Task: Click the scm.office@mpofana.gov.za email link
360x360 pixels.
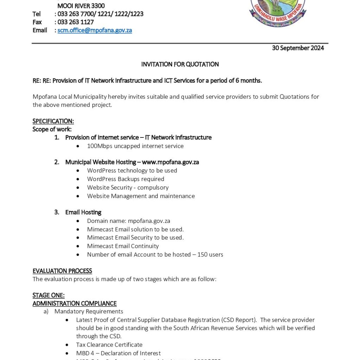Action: (x=95, y=30)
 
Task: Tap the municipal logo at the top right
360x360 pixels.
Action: (x=277, y=12)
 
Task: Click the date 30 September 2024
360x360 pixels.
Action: (x=298, y=48)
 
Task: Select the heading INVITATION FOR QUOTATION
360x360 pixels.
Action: (x=180, y=64)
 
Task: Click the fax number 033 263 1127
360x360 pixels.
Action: (x=76, y=22)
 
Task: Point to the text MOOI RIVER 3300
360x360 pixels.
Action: (x=81, y=6)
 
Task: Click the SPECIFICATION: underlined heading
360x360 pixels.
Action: (x=53, y=121)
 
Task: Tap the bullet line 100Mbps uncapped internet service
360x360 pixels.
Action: (x=135, y=146)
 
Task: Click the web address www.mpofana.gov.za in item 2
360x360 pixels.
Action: (x=171, y=162)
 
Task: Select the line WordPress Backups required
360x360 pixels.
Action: (x=126, y=179)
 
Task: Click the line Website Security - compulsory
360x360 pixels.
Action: (x=128, y=187)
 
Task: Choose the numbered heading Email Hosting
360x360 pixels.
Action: (x=83, y=212)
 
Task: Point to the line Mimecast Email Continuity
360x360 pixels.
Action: (x=123, y=246)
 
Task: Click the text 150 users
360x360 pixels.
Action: (x=210, y=255)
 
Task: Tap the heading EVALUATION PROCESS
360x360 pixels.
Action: (x=62, y=271)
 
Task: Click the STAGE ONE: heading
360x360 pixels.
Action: (x=49, y=295)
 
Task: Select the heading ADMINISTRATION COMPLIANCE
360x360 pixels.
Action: (x=75, y=303)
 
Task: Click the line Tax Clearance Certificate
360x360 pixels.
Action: (x=109, y=345)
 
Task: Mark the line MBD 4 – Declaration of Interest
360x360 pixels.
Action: (x=118, y=353)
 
